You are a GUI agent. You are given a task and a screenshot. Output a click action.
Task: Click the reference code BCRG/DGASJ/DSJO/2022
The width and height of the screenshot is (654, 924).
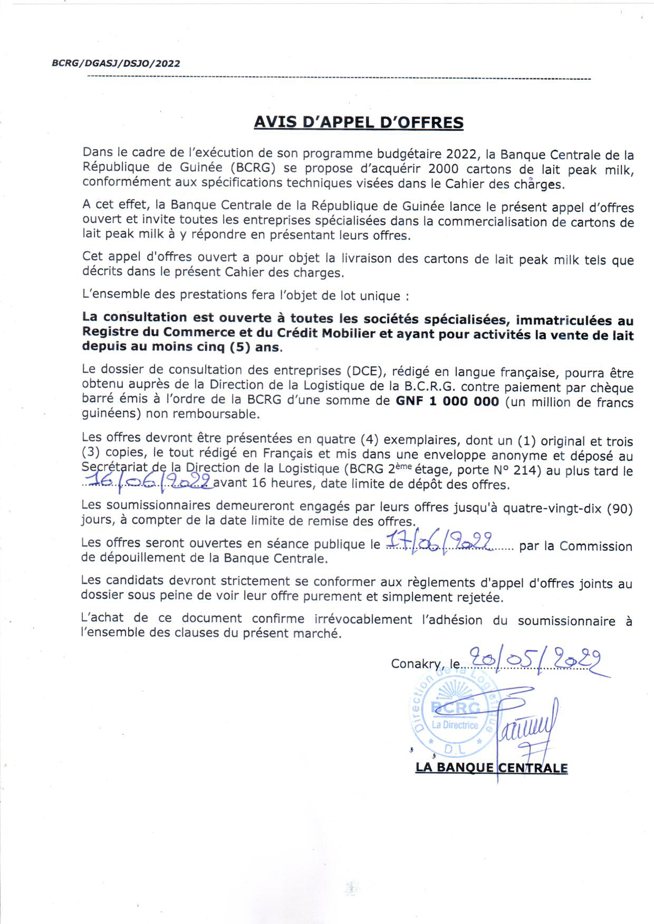[116, 64]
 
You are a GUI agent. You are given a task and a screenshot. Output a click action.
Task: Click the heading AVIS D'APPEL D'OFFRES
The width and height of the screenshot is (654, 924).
[359, 122]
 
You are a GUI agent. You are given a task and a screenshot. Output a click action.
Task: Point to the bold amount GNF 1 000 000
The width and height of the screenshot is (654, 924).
[447, 401]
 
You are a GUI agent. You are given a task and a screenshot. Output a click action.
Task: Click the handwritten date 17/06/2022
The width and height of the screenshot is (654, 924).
[441, 541]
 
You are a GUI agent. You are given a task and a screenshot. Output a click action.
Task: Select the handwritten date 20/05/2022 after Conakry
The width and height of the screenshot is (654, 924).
[535, 659]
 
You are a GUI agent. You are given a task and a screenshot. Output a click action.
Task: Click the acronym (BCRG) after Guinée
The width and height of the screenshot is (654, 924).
[255, 169]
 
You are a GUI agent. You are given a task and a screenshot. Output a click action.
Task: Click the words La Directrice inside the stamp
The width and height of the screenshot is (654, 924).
[455, 725]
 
